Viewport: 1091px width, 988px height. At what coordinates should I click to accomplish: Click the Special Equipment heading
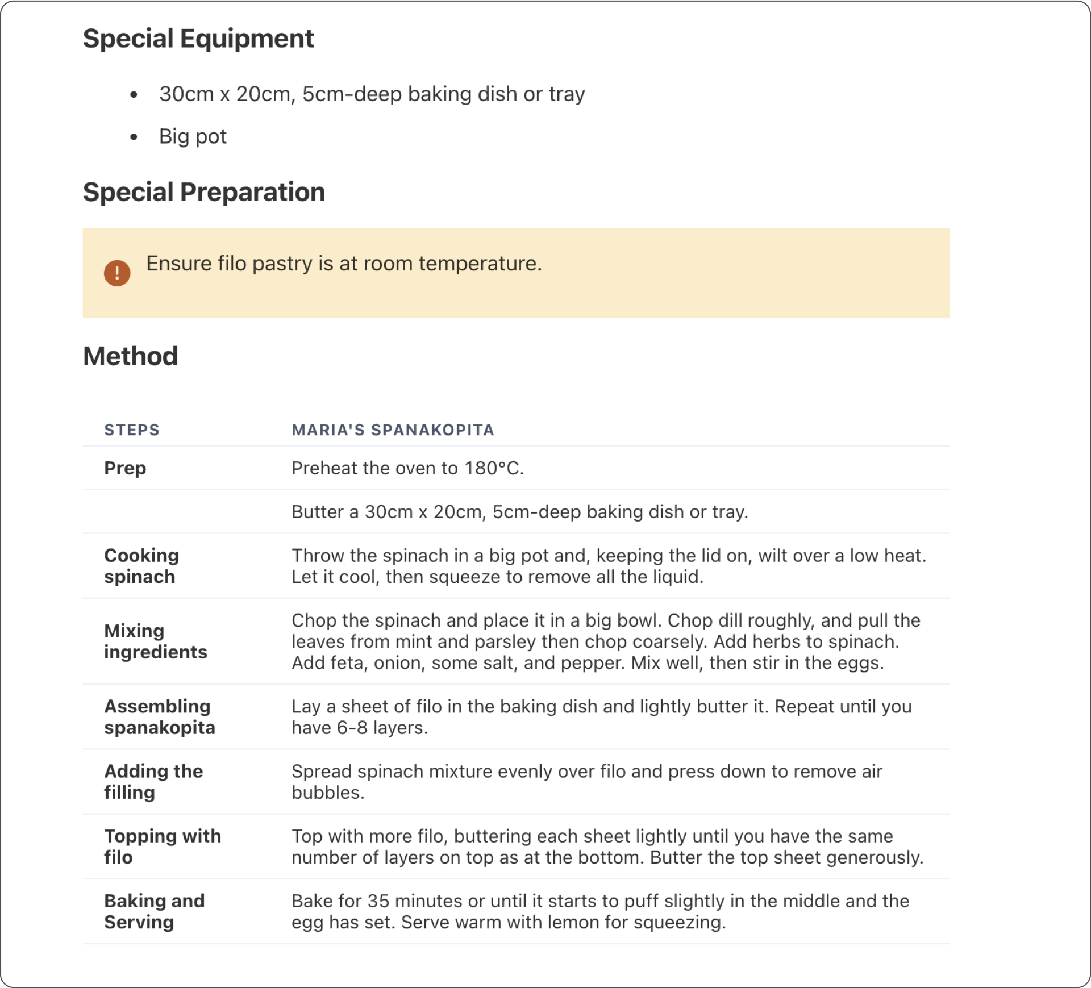click(198, 39)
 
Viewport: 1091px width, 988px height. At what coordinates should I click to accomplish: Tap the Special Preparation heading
click(203, 192)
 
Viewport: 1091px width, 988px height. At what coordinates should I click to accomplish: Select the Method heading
click(130, 356)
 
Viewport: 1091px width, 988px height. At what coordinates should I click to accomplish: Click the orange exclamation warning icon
click(117, 273)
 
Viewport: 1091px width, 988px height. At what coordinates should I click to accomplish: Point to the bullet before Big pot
click(134, 137)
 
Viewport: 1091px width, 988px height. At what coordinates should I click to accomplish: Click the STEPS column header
click(132, 430)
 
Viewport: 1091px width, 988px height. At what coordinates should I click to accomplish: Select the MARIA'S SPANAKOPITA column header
click(393, 430)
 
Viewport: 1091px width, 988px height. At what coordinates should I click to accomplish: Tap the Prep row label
click(125, 468)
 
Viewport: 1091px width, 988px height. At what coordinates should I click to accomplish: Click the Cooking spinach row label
click(141, 566)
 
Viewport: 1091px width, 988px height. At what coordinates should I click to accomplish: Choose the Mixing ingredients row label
click(155, 641)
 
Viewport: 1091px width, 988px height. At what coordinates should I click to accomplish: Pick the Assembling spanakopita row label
click(159, 717)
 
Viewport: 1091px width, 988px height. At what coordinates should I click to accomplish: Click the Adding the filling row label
click(153, 782)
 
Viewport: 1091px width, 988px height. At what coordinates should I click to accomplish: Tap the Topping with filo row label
click(162, 847)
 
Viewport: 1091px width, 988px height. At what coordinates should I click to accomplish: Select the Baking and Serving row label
click(154, 911)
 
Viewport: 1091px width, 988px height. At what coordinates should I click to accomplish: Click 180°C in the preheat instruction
click(493, 468)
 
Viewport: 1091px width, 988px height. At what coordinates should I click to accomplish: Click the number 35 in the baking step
click(378, 901)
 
